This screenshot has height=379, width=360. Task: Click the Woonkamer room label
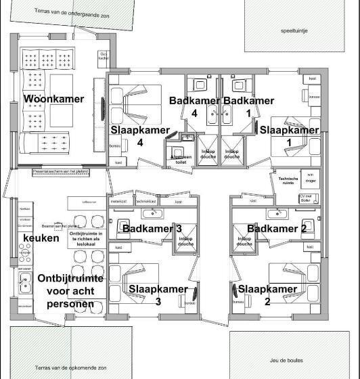coord(54,99)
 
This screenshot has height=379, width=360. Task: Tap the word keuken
coord(41,238)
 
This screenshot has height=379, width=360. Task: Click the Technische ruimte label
coord(284,181)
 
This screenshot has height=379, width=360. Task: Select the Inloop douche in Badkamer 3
coord(186,241)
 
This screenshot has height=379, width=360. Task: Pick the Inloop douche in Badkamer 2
coord(244,241)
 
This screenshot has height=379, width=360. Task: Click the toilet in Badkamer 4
coord(200,85)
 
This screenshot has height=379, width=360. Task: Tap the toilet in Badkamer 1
coord(238,85)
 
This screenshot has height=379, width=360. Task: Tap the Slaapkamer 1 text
coord(289,130)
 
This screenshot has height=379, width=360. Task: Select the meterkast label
coord(118,202)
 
